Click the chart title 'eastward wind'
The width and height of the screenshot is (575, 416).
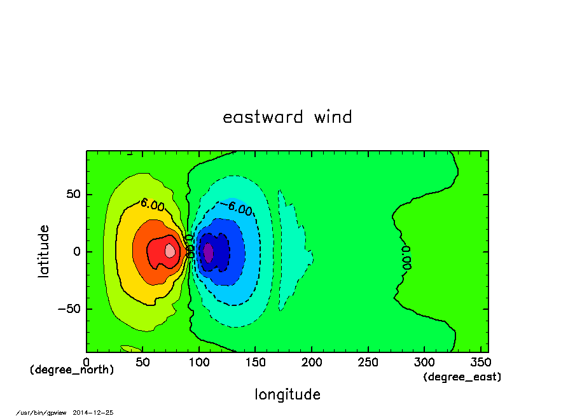coord(287,117)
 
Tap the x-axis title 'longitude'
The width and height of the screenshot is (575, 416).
coord(287,395)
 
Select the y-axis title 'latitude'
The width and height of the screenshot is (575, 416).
coord(43,251)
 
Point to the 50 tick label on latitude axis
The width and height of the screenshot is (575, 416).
coord(73,194)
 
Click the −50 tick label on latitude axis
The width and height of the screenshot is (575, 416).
coord(69,309)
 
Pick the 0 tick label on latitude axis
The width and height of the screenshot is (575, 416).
coord(77,252)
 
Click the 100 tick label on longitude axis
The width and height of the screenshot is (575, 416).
coord(198,363)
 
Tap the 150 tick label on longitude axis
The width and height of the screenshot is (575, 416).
coord(255,363)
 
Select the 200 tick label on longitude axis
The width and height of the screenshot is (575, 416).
coord(311,363)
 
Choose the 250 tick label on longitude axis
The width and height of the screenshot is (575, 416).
coord(368,363)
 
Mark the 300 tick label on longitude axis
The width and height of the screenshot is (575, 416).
coord(424,363)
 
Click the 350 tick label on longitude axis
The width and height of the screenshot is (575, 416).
coord(480,363)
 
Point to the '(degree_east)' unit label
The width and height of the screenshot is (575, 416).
coord(462,377)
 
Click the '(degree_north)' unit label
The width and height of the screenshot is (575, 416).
coord(72,370)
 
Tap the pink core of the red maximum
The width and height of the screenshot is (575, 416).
coord(170,251)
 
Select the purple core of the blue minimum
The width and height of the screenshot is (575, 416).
coord(208,253)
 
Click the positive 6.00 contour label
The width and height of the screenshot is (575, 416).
coord(153,205)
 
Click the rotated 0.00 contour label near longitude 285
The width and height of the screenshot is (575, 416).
coord(406,258)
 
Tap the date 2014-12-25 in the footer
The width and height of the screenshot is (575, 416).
coord(93,413)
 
